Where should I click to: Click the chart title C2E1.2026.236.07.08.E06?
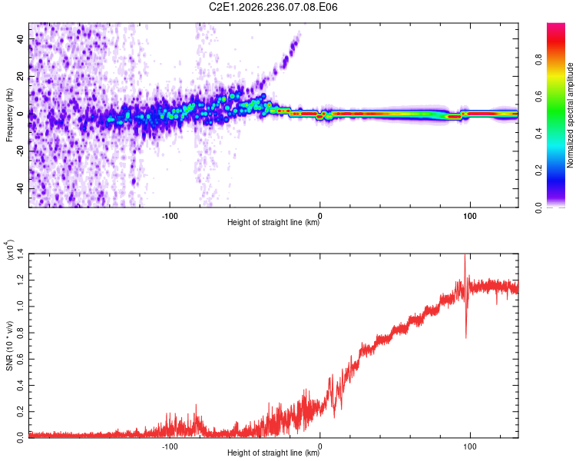[x=273, y=7]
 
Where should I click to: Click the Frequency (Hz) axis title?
[x=9, y=115]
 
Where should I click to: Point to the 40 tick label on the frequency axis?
[x=21, y=38]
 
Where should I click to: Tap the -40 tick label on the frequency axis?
[x=21, y=189]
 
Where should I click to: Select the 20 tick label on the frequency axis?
[x=21, y=76]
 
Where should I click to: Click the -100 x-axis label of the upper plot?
[x=170, y=216]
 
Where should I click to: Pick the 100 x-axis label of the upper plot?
[x=469, y=216]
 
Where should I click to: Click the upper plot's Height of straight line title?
[x=273, y=222]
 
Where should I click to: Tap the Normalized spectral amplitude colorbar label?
[x=570, y=115]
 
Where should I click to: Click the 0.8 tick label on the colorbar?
[x=538, y=59]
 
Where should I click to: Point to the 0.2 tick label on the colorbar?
[x=538, y=171]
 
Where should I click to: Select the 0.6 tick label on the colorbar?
[x=538, y=96]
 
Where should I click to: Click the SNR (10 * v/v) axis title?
[x=9, y=346]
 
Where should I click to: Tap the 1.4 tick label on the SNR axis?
[x=21, y=254]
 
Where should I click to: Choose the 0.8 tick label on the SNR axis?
[x=21, y=333]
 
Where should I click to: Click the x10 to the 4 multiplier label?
[x=9, y=250]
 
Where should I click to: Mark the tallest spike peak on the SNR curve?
[x=465, y=255]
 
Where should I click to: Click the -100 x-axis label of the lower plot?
[x=170, y=446]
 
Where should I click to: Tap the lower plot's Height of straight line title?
[x=273, y=453]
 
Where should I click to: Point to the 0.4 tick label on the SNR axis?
[x=21, y=385]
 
